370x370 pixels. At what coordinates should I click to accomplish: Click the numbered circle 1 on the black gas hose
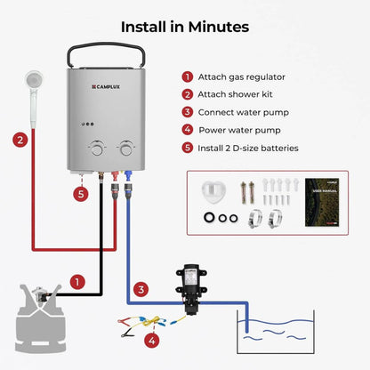(x=77, y=282)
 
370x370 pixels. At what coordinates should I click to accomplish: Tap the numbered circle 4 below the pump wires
(x=152, y=339)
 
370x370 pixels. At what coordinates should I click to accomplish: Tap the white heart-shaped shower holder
(x=213, y=194)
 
